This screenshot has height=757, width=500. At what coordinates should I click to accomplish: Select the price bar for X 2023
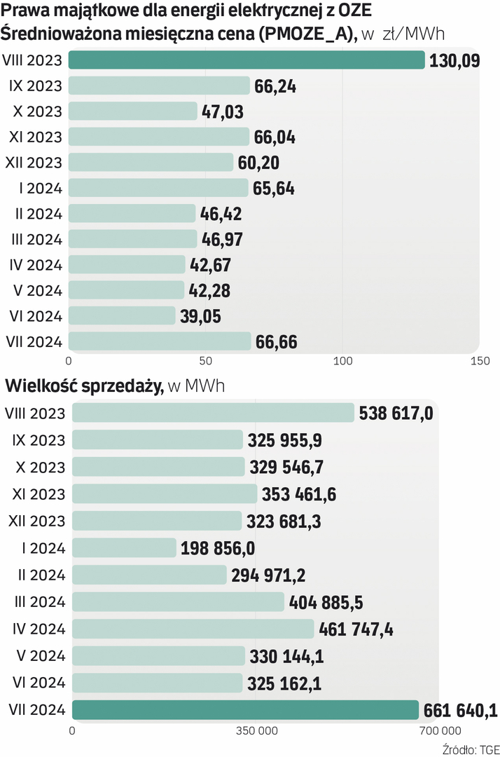pos(133,111)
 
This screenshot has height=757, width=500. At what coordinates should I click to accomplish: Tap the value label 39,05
pos(200,317)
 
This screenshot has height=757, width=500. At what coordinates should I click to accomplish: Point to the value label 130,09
pos(454,60)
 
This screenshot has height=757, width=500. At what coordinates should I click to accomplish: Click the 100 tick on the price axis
pos(342,360)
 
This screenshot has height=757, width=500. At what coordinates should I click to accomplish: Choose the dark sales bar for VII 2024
pos(245,710)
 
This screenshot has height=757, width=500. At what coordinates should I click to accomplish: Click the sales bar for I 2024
pos(124,547)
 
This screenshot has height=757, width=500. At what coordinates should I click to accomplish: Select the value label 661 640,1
pos(460,711)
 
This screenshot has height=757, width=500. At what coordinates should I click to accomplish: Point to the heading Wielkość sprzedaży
pos(83,386)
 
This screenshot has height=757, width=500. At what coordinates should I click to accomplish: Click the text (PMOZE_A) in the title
pos(307,34)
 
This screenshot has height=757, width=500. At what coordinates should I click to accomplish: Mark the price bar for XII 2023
pos(151,163)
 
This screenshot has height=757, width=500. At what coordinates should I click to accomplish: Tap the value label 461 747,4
pos(356,629)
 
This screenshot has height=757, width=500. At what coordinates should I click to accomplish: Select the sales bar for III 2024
pos(178,602)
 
